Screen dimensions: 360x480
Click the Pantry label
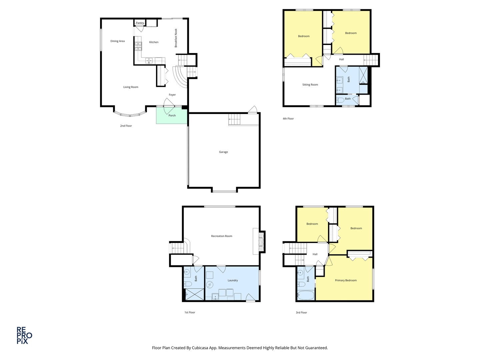(x=140, y=23)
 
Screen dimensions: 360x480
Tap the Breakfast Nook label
(x=176, y=38)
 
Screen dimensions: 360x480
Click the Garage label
(x=223, y=152)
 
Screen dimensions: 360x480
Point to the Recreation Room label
(x=222, y=236)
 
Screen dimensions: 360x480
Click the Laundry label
(x=233, y=280)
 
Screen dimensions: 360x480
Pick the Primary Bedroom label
(x=346, y=280)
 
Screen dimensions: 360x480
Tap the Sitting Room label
(x=310, y=85)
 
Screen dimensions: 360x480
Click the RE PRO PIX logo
(x=24, y=335)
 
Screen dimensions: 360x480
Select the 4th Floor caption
(x=288, y=119)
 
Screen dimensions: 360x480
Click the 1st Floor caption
(x=190, y=312)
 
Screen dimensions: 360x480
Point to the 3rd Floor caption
(x=301, y=312)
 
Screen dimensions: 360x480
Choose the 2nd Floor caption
(x=126, y=126)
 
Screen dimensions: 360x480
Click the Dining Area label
(x=117, y=41)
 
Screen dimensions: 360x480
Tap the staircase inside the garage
(x=234, y=119)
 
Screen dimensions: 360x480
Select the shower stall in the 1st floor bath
(x=194, y=295)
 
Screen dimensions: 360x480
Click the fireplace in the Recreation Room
(x=262, y=241)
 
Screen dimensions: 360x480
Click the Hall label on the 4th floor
(x=341, y=59)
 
